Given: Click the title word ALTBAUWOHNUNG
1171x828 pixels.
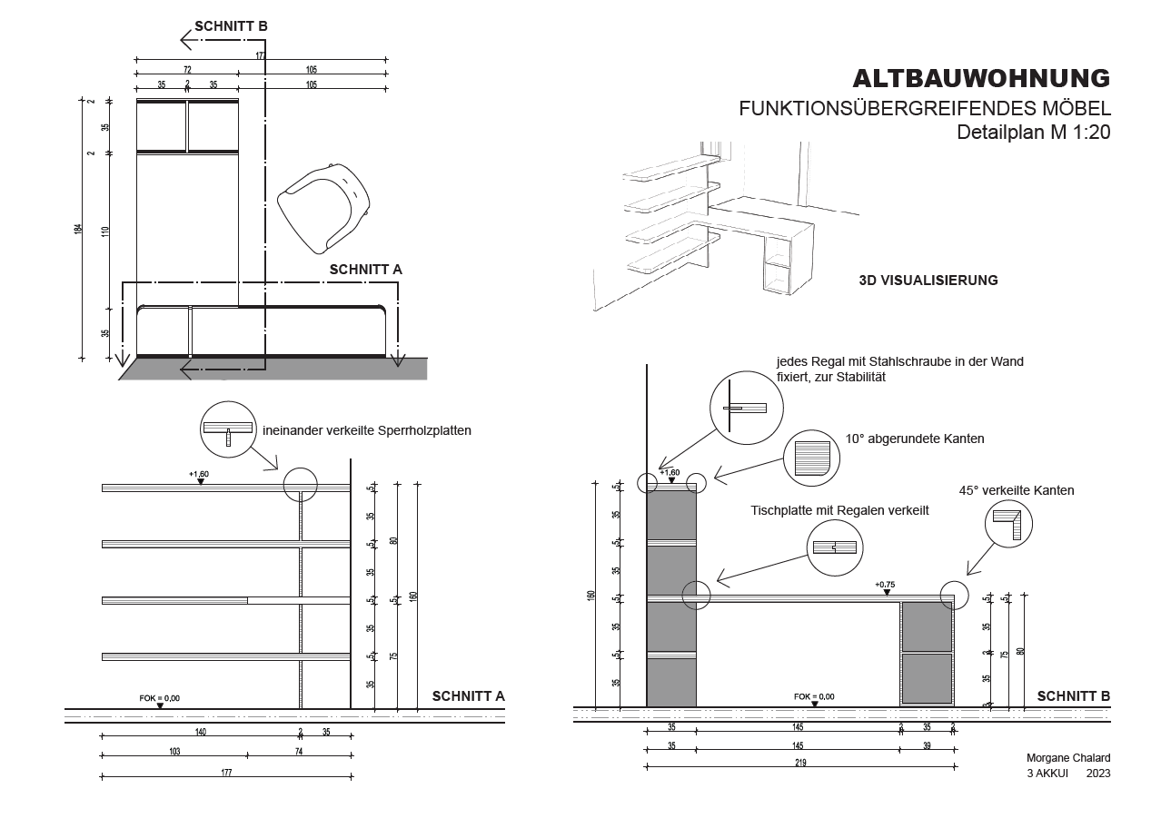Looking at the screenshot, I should [x=981, y=78].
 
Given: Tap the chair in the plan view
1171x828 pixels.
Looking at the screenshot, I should [x=323, y=205].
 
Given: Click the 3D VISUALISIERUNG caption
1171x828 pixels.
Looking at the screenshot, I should [x=928, y=281].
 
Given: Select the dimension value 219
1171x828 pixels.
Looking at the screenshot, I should [x=800, y=764].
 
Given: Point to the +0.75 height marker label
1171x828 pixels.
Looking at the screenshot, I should [x=885, y=584].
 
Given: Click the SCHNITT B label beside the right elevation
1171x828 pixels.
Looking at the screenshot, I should [x=1073, y=697].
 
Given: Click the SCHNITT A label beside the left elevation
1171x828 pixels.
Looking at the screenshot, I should [x=468, y=697].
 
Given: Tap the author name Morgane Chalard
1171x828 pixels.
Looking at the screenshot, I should [x=1067, y=758].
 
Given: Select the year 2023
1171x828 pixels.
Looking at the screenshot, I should [x=1097, y=774].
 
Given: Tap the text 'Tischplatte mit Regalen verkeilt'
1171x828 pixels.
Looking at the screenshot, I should [x=839, y=511].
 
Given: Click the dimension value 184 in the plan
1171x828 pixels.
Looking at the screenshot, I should [x=79, y=230].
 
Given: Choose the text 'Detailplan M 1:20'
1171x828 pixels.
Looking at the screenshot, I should [x=1034, y=132].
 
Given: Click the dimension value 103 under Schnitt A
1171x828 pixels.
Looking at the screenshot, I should [x=174, y=752].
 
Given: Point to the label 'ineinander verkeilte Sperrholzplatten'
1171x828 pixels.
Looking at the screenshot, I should [x=367, y=431].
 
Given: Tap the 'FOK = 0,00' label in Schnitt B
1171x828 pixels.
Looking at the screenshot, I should [x=814, y=696].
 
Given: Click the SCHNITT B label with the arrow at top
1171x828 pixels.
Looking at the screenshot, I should [x=231, y=26].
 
